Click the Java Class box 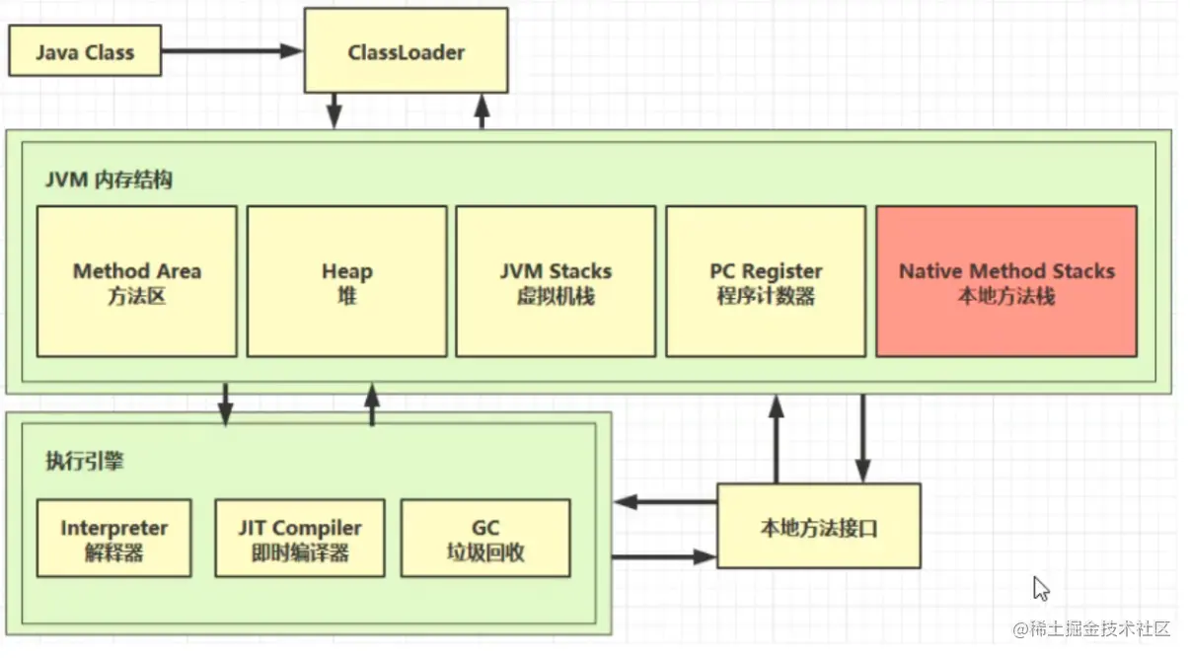coord(85,51)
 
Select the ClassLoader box coord(407,50)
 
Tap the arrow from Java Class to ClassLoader coord(232,51)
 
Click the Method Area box coord(137,281)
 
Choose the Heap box coord(347,281)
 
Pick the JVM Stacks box coord(556,281)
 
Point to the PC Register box coord(766,281)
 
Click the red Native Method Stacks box coord(1006,281)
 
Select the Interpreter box coord(114,538)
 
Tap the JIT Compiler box coord(300,538)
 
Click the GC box coord(485,538)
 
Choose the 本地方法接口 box coord(819,526)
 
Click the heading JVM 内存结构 coord(109,180)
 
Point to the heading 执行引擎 coord(85,461)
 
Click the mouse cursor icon coord(1041,588)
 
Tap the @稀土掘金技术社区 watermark coord(1091,628)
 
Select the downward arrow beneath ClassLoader coord(334,111)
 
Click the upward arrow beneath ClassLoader coord(482,111)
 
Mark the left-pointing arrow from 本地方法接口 coord(666,501)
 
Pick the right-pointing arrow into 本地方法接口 coord(664,556)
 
